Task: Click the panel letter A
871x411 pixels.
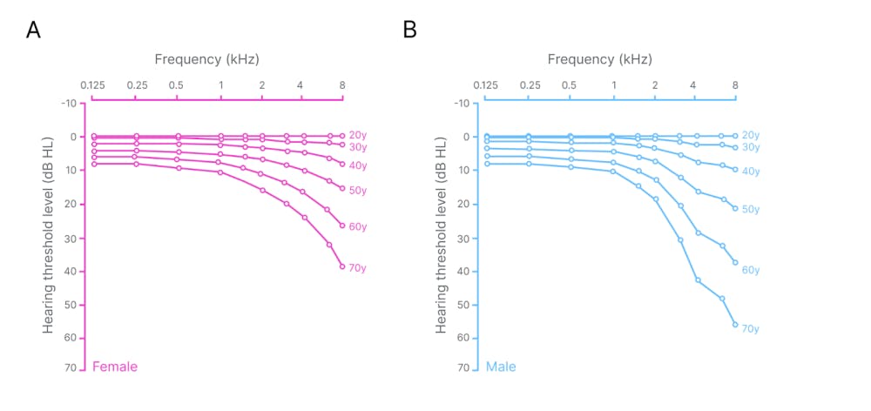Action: (x=33, y=30)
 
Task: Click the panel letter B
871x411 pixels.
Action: (x=409, y=30)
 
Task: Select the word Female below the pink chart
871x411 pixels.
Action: (x=115, y=367)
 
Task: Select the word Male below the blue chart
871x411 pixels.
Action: (x=501, y=367)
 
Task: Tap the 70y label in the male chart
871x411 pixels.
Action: (x=750, y=328)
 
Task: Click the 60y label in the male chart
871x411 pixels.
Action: (x=751, y=270)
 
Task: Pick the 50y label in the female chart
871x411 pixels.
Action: (x=357, y=190)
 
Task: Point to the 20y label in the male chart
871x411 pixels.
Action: (x=751, y=135)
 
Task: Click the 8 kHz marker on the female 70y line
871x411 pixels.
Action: (x=342, y=266)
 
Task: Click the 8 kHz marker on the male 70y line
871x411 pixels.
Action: (x=735, y=325)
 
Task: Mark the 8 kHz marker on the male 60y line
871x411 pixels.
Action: (x=735, y=262)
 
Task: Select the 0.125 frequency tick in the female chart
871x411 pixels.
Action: (x=92, y=85)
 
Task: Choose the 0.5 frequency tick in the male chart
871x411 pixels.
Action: (x=569, y=85)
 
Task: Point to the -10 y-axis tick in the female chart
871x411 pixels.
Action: (x=70, y=103)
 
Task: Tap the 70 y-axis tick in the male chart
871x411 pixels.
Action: (x=463, y=367)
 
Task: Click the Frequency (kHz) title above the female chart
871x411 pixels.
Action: (x=206, y=59)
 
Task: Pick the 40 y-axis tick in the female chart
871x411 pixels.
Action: (x=71, y=271)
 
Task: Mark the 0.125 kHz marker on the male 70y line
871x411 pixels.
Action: (x=487, y=163)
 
